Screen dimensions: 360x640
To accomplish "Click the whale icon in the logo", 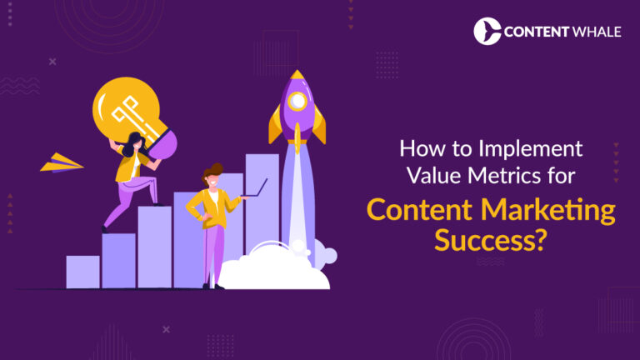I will click(x=487, y=31).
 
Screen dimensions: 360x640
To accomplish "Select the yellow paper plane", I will click(x=62, y=162).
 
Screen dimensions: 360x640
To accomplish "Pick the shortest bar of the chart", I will click(x=82, y=272).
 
